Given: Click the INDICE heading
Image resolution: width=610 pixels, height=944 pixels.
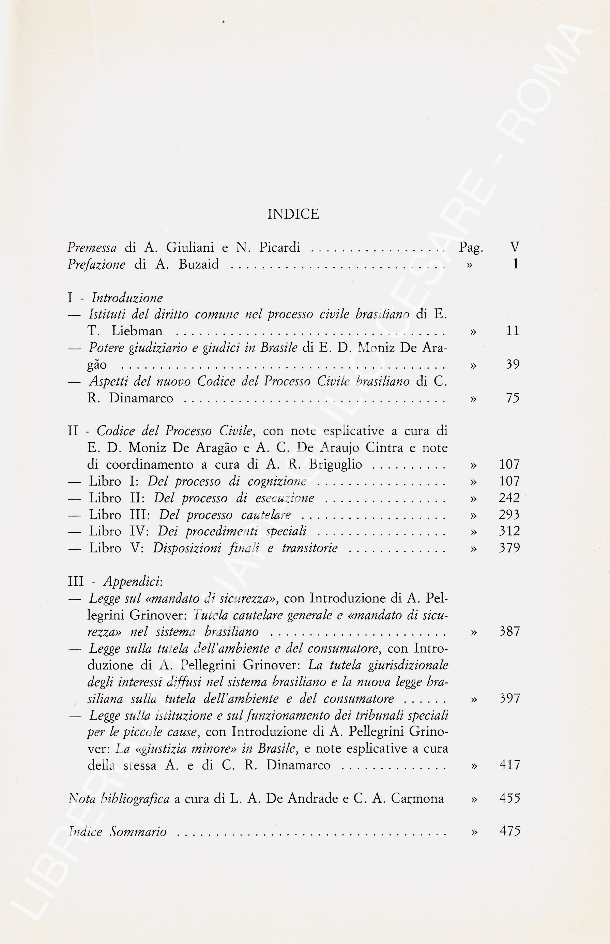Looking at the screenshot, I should pos(293,215).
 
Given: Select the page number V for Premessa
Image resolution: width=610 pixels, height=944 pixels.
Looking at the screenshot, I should pos(515,247).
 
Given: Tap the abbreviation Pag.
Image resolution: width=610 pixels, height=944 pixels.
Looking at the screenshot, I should pos(471,248).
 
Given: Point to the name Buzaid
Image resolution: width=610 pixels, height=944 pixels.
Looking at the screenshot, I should pos(198,264).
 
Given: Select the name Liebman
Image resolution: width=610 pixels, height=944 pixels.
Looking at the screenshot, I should pos(137,331).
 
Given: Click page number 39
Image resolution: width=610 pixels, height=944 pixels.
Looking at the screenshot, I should pos(512,365).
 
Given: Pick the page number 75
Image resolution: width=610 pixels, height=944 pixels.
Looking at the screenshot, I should pos(512,398).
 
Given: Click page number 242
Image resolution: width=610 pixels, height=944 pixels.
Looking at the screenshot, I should pos(509,498).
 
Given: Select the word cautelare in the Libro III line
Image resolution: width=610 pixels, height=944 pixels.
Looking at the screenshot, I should pos(266,515).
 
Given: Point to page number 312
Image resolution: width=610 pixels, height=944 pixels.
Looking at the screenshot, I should pos(509,531).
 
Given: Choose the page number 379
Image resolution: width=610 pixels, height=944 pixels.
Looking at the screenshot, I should pos(509,548).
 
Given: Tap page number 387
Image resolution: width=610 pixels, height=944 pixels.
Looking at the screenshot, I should pos(509,631).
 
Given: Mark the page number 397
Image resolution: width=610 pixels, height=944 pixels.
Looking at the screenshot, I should pos(509,698).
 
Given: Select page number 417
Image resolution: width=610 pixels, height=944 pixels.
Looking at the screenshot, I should pos(509,765).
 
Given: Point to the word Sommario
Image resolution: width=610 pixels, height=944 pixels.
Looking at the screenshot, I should pos(138,831).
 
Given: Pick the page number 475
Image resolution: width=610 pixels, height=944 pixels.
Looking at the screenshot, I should pos(510,831).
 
